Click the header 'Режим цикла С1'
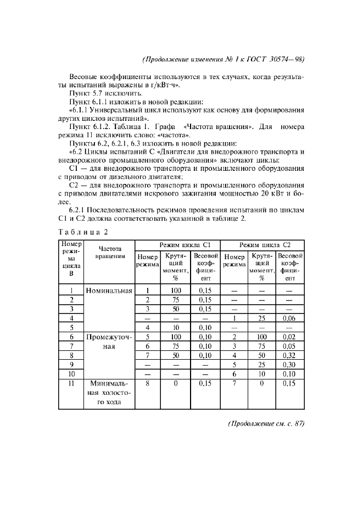click(178, 244)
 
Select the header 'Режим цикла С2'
click(263, 244)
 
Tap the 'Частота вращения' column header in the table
click(109, 253)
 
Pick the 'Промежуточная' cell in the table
click(109, 340)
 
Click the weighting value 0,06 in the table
click(289, 318)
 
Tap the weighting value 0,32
click(289, 355)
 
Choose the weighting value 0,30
click(289, 365)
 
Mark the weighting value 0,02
click(289, 337)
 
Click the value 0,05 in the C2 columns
click(289, 346)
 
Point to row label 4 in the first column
click(71, 318)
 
